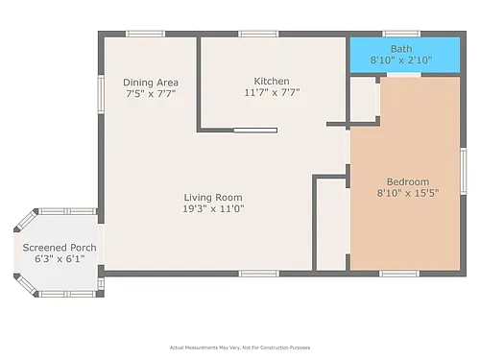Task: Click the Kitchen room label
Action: pyautogui.click(x=272, y=81)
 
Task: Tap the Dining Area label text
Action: pyautogui.click(x=151, y=83)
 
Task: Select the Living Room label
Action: pyautogui.click(x=213, y=198)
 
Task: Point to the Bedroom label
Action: pyautogui.click(x=408, y=181)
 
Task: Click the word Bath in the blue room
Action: pyautogui.click(x=401, y=49)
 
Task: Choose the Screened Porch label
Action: pyautogui.click(x=60, y=248)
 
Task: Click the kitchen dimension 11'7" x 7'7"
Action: pyautogui.click(x=272, y=92)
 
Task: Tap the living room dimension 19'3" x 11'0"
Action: pyautogui.click(x=213, y=208)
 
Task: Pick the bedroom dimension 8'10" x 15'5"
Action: pyautogui.click(x=408, y=193)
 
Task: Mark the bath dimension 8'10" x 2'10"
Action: pyautogui.click(x=401, y=60)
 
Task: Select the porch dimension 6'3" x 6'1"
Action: pyautogui.click(x=60, y=259)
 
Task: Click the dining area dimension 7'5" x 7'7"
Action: pyautogui.click(x=151, y=94)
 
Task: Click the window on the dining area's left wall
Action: pyautogui.click(x=101, y=94)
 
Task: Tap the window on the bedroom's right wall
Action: pyautogui.click(x=463, y=171)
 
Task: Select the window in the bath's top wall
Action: pyautogui.click(x=401, y=34)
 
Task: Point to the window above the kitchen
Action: pyautogui.click(x=258, y=34)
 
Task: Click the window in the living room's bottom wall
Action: pyautogui.click(x=259, y=274)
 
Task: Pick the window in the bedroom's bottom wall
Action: pyautogui.click(x=399, y=274)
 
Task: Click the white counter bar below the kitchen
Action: pyautogui.click(x=255, y=131)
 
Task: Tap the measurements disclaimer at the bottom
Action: pyautogui.click(x=240, y=348)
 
